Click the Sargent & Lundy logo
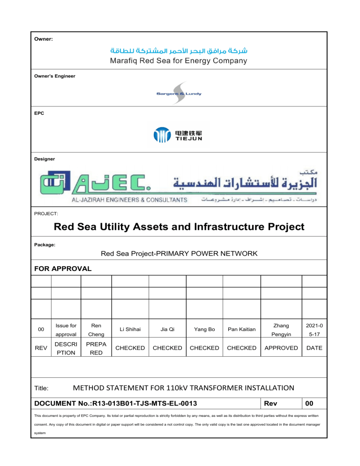pyautogui.click(x=179, y=93)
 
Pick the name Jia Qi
pyautogui.click(x=167, y=330)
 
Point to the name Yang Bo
pyautogui.click(x=204, y=330)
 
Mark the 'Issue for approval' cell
pyautogui.click(x=66, y=330)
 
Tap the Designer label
pyautogui.click(x=45, y=159)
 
